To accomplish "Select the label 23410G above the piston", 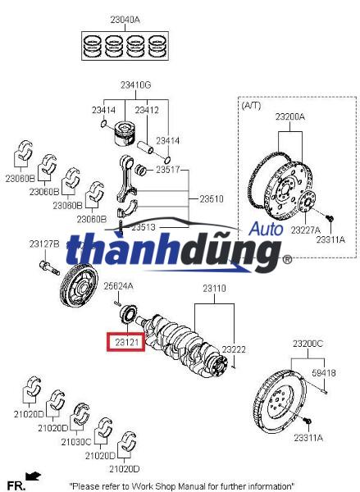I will pos(136,84).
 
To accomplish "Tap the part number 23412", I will pos(147,109).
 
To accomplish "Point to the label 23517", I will pos(167,170).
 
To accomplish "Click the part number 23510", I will pos(211,198).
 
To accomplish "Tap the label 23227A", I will pos(305,231).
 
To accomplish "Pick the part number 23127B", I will pos(43,244).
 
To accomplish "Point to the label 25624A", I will pos(118,285).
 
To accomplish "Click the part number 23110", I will pos(215,289).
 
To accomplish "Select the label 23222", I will pos(234,349).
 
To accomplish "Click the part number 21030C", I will pos(75,442).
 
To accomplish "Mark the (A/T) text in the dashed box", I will pos(250,106).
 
